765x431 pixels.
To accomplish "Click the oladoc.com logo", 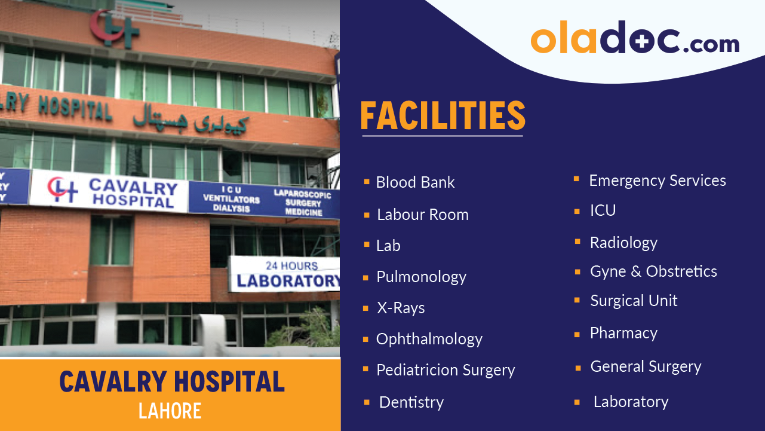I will (635, 39).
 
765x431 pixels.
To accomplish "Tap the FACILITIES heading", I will (443, 116).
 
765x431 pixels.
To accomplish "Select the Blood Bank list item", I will (415, 182).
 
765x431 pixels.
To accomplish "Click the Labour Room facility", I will (423, 215).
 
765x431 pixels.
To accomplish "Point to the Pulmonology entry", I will (421, 277).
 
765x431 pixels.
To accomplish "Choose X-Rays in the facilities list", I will (401, 308).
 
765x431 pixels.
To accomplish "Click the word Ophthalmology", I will (429, 339).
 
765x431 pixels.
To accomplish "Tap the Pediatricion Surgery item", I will (446, 371).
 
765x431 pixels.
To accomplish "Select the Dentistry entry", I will (411, 402).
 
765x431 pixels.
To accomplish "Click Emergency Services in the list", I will (658, 181).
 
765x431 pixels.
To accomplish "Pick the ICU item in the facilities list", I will (603, 210).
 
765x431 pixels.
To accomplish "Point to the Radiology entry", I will (623, 243).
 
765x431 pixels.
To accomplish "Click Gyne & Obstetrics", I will (653, 271).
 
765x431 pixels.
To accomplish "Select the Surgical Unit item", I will (634, 301).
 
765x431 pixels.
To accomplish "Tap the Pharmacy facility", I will (623, 333).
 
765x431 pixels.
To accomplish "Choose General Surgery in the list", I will (646, 366).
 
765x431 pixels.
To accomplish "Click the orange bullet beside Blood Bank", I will (367, 181).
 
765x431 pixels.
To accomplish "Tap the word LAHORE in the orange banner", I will (170, 411).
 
